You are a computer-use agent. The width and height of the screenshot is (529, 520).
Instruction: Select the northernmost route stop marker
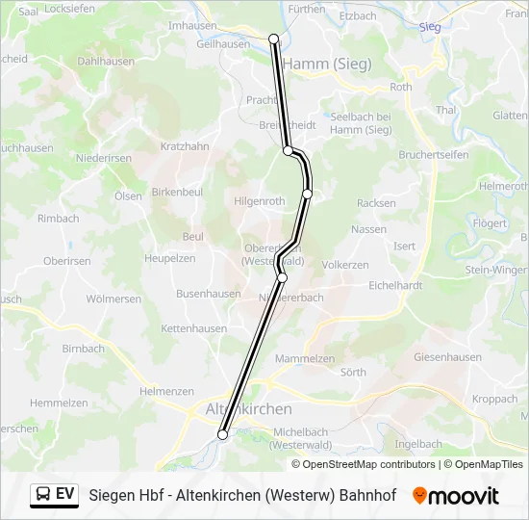(274, 39)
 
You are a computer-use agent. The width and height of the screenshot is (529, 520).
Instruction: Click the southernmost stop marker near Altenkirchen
(223, 434)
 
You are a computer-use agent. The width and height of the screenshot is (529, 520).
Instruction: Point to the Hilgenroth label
(260, 201)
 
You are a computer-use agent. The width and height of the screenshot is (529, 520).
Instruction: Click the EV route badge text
(65, 495)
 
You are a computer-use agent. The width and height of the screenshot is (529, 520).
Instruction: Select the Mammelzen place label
(305, 358)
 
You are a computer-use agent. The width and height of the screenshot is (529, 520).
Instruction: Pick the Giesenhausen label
(447, 357)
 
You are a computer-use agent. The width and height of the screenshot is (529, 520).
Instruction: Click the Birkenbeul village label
(177, 192)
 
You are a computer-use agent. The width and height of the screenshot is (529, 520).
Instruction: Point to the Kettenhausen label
(193, 328)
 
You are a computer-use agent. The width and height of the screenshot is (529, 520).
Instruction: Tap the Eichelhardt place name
(396, 285)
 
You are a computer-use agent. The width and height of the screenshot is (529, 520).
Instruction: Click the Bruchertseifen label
(434, 155)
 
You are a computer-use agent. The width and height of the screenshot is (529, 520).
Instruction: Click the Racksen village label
(376, 203)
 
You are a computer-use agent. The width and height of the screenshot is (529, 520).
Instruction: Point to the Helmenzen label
(166, 391)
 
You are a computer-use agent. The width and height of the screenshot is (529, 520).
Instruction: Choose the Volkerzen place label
(345, 264)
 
